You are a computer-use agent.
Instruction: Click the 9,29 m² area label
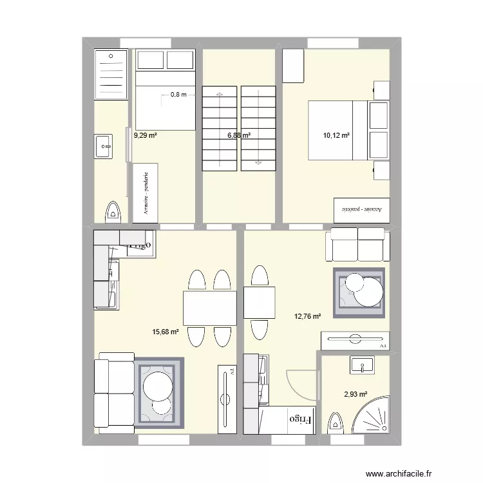146,136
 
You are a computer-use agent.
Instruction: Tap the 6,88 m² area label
238,136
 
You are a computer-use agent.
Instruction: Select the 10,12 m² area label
336,136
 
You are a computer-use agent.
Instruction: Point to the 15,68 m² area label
165,332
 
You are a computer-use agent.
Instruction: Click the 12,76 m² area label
307,316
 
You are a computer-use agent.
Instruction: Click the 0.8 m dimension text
178,95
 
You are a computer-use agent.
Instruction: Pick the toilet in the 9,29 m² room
113,211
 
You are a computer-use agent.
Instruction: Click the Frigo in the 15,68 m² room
139,245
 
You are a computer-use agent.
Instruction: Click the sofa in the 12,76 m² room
358,243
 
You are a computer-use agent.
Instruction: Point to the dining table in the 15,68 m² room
209,308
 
